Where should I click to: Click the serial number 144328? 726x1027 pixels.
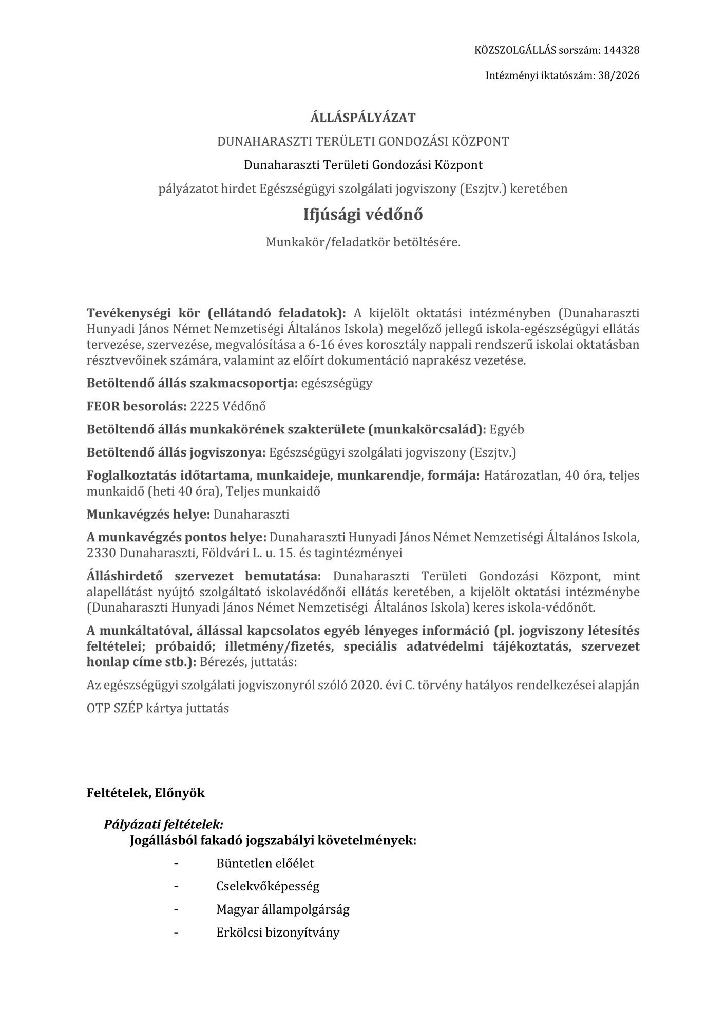tap(621, 50)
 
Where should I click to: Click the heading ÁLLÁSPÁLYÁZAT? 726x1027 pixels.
tap(363, 118)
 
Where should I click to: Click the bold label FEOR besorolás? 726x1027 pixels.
tap(136, 406)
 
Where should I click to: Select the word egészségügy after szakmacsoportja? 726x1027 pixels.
tap(337, 383)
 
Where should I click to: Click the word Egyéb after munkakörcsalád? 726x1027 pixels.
tap(507, 429)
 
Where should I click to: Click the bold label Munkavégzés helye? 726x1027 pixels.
tap(148, 514)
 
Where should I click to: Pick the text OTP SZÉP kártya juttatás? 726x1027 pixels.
tap(158, 708)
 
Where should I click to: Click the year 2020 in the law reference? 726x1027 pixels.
tap(365, 685)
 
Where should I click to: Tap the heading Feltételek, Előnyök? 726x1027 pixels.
tap(145, 793)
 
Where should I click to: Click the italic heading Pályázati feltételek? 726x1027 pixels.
tap(163, 825)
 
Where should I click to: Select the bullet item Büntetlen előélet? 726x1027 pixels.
tap(265, 863)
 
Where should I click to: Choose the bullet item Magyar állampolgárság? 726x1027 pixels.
tap(283, 909)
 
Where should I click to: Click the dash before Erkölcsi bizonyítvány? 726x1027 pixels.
tap(177, 933)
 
